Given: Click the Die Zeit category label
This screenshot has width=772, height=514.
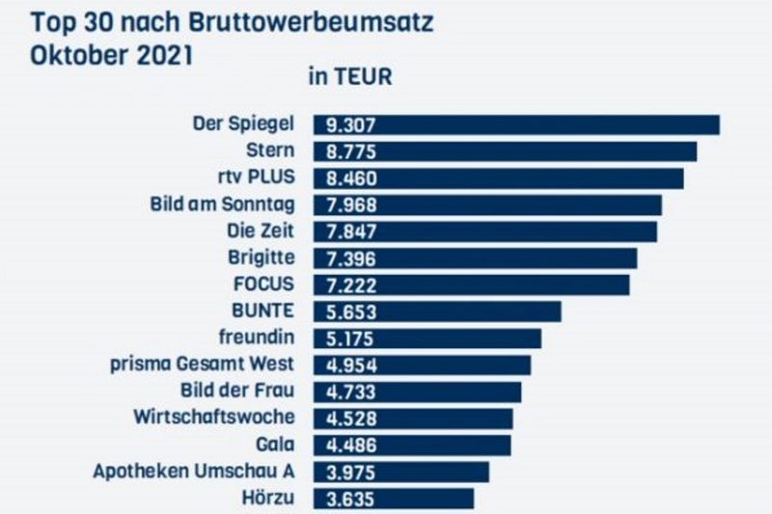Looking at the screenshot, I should [262, 231].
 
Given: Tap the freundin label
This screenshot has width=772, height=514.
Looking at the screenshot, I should [258, 338].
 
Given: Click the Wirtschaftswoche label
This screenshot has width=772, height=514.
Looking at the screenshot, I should [213, 418].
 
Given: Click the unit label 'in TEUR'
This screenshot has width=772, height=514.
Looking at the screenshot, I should [350, 78].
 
